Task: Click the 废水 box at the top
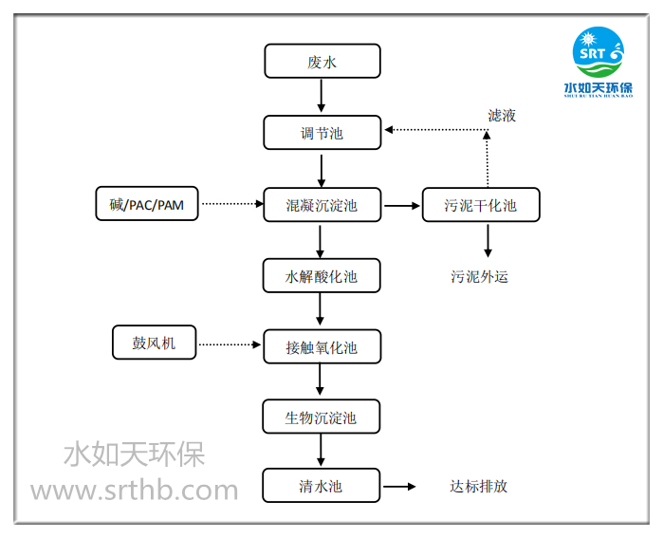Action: coord(322,63)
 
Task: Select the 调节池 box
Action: coord(322,133)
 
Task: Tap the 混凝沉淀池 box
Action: coord(322,204)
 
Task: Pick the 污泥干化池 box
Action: coord(481,204)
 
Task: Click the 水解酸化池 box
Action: coord(322,276)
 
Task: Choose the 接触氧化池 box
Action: coord(322,346)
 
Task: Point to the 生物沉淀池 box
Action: coord(322,417)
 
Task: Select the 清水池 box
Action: coord(322,486)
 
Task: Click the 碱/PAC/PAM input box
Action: coord(147,204)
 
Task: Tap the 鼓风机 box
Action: coord(154,343)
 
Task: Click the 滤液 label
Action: coord(502,116)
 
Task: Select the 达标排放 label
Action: coord(478,486)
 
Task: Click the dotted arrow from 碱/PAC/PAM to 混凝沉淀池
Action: coord(230,204)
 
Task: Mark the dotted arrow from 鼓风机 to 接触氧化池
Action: coord(231,343)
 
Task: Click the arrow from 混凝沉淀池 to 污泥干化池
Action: coord(401,204)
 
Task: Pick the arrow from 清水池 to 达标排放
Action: coord(399,487)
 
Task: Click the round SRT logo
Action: coord(599,53)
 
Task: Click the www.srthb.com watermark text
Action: coord(134,491)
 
